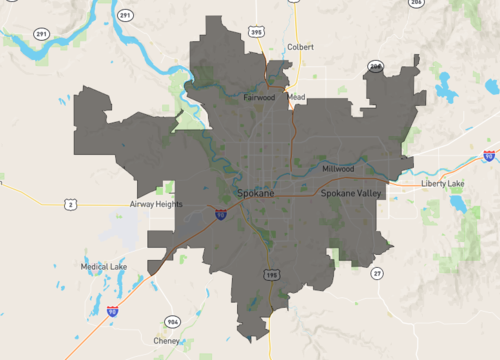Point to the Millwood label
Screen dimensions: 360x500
(338, 168)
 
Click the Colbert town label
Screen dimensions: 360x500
(300, 47)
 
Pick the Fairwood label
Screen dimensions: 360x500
(260, 97)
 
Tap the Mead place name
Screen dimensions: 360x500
(297, 97)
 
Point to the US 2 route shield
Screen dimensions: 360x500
(70, 204)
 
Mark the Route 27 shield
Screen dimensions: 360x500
(376, 273)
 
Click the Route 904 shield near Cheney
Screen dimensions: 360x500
(172, 321)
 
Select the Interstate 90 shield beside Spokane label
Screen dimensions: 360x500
(220, 213)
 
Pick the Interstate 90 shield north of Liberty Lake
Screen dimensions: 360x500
(488, 156)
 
